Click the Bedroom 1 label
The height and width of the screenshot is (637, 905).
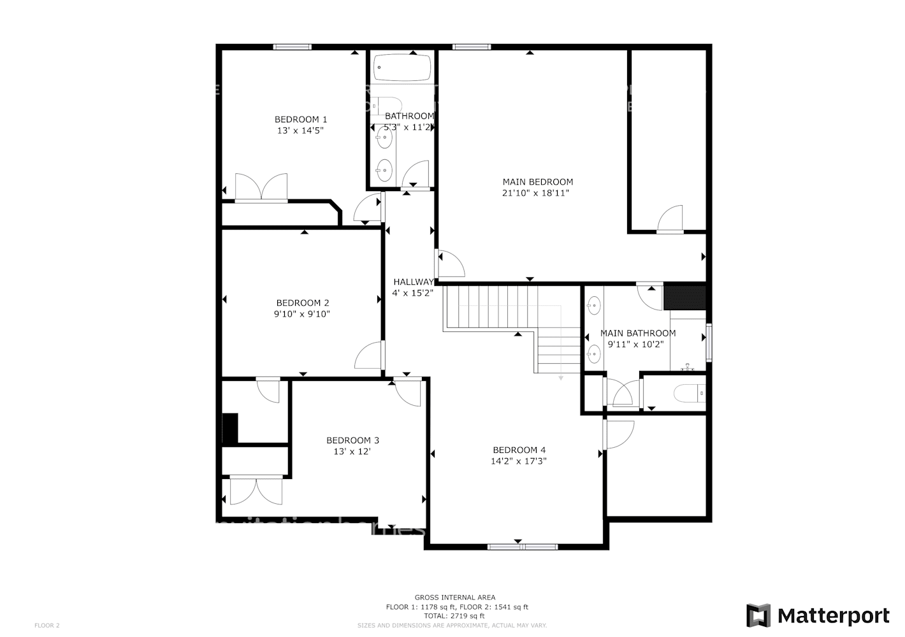(x=301, y=119)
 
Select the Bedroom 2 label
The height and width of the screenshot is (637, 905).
(x=302, y=303)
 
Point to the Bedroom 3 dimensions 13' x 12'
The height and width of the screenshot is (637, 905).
(x=352, y=452)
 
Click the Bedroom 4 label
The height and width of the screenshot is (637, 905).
(x=519, y=450)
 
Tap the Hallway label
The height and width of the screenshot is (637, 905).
(x=413, y=282)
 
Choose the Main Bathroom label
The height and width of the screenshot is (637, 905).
(x=637, y=333)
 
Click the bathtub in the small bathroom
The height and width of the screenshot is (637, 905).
(x=402, y=68)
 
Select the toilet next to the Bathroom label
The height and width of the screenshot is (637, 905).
(x=387, y=104)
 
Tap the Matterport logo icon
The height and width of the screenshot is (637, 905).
(x=758, y=616)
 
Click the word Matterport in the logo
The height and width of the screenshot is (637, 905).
(x=833, y=616)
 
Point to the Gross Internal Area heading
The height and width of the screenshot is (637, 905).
(x=454, y=598)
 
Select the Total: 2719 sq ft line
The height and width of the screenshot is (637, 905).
(x=454, y=616)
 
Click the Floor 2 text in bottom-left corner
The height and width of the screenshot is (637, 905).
(x=47, y=626)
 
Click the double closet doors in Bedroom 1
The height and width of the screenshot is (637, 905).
(x=261, y=188)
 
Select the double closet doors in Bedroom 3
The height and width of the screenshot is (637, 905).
(x=256, y=490)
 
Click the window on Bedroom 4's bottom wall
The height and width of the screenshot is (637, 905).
(x=522, y=547)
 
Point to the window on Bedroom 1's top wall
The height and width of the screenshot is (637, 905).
(x=293, y=47)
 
